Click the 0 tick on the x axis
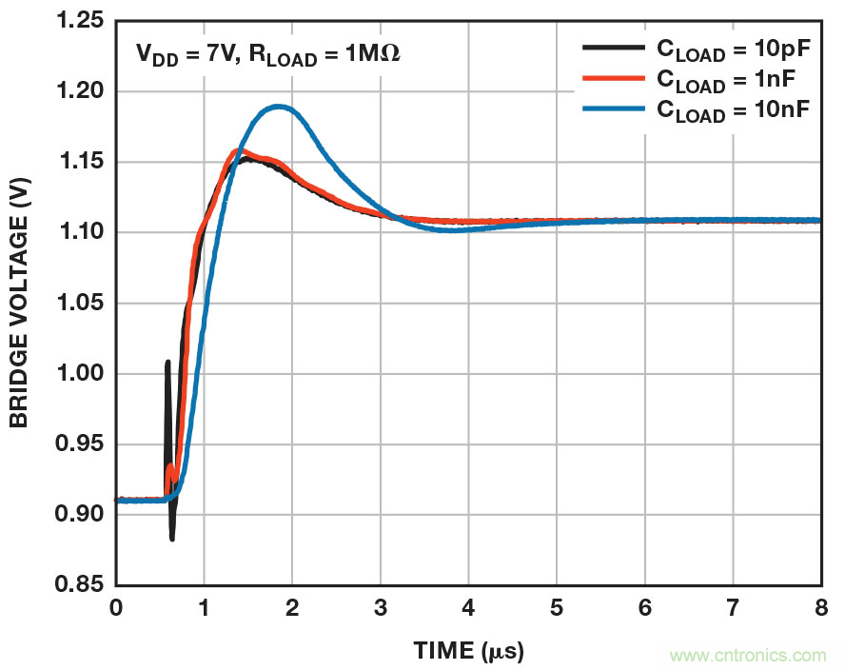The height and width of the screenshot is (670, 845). click(116, 605)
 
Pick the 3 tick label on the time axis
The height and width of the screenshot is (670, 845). click(381, 605)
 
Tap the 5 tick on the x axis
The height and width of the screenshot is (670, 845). click(557, 605)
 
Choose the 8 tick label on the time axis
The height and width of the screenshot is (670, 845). click(820, 605)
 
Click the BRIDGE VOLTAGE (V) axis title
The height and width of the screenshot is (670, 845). click(19, 304)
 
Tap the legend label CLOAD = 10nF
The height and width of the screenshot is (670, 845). click(732, 110)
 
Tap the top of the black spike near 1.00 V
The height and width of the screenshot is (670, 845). click(167, 362)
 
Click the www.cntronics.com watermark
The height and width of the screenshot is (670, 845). click(748, 656)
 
